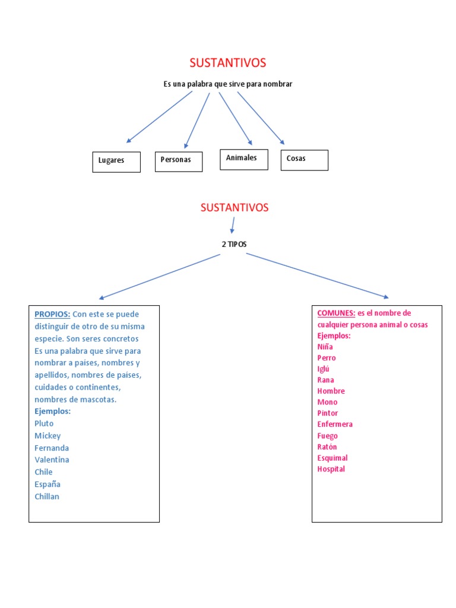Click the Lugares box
point(116,161)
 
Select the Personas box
point(179,161)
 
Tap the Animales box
point(244,159)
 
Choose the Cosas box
point(305,160)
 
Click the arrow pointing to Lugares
point(159,117)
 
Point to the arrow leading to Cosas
point(261,118)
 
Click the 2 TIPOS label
point(234,244)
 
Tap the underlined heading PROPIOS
point(52,314)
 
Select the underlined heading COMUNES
point(336,313)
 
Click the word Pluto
point(44,423)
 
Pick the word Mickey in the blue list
point(47,436)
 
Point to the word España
point(47,484)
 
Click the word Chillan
point(47,496)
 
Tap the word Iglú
point(324,369)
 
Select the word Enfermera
point(335,424)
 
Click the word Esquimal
point(332,458)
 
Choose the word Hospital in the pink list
point(331,469)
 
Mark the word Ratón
point(327,446)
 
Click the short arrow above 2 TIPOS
point(233,225)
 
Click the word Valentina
point(52,460)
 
